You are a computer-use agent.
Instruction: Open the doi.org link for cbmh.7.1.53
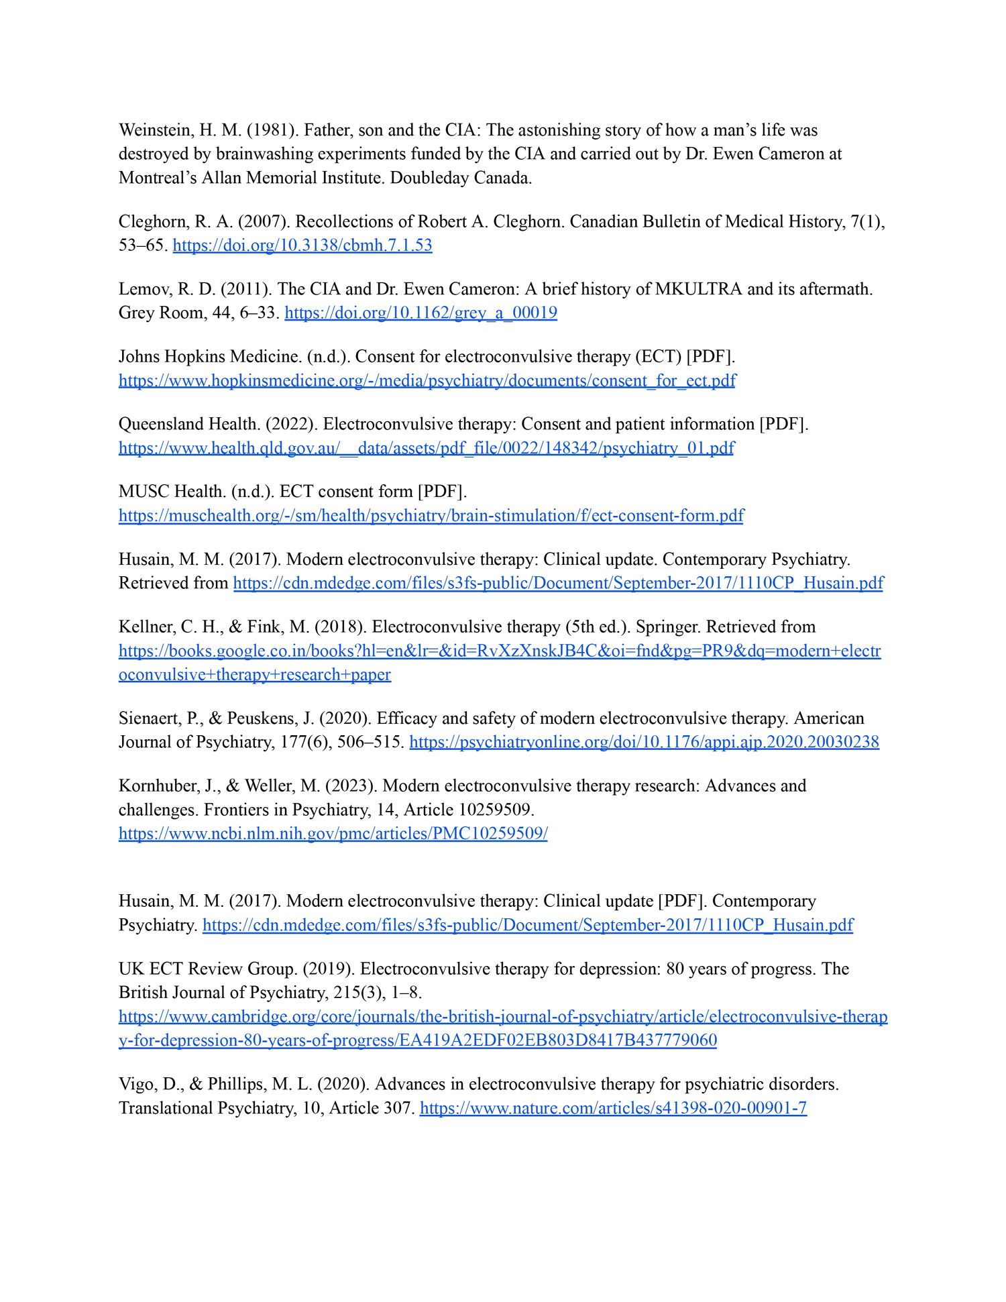click(302, 246)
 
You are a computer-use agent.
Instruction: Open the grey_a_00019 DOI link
click(421, 313)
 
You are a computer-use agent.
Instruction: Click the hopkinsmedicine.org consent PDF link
click(427, 381)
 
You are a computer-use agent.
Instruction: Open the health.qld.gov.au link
click(427, 448)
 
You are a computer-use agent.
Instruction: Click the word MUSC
click(144, 492)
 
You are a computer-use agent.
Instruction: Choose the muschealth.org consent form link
click(431, 516)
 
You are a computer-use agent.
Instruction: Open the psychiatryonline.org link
click(644, 742)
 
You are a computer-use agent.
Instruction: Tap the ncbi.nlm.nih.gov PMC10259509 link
click(333, 834)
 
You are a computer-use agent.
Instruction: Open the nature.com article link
click(613, 1108)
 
